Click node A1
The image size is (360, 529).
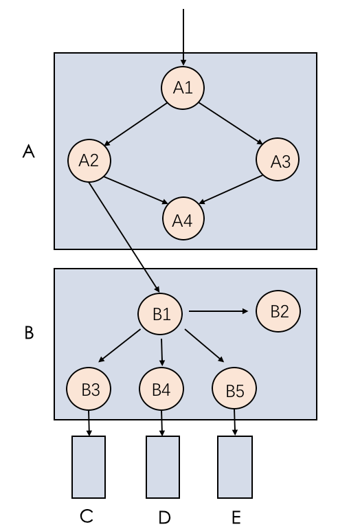(183, 88)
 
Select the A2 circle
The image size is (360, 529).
(89, 160)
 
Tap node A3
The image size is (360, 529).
(278, 161)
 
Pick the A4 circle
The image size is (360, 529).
(183, 221)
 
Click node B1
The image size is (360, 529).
(160, 315)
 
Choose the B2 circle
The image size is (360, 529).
(278, 311)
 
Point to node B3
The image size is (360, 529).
(89, 390)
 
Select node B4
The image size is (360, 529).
(161, 390)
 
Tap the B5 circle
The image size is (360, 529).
(234, 390)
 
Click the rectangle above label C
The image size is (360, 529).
(89, 466)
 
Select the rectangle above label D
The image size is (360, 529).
(163, 466)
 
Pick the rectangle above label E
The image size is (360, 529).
(235, 466)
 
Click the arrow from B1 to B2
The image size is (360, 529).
(218, 311)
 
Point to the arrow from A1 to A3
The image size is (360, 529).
(232, 124)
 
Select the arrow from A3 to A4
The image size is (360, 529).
(232, 190)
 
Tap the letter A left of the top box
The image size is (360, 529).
(28, 152)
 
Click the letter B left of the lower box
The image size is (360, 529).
(29, 333)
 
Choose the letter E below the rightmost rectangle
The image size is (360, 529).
(236, 517)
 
